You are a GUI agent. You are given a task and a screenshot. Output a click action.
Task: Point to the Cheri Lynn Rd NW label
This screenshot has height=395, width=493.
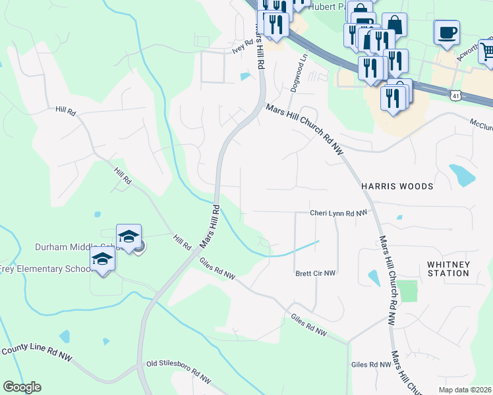(338, 213)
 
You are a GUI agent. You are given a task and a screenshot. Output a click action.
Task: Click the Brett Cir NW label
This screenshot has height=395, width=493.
(315, 273)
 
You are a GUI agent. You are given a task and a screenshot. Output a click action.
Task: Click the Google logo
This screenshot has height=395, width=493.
(22, 387)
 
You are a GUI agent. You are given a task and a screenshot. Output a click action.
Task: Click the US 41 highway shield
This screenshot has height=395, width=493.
(456, 96)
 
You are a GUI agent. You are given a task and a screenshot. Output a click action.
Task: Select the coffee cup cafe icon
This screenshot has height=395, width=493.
(447, 32)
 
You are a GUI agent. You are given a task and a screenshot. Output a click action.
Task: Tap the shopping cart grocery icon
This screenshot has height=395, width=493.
(487, 50)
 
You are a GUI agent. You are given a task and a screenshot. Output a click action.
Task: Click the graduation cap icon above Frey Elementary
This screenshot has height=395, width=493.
(102, 258)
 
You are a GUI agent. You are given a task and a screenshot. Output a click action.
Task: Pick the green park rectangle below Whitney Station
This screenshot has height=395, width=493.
(408, 291)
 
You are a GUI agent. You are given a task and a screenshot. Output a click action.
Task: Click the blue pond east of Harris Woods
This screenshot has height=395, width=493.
(462, 174)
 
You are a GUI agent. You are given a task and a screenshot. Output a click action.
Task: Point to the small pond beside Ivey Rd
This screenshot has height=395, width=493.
(245, 77)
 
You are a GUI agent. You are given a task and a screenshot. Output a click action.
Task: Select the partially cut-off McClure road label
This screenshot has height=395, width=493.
(480, 124)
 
